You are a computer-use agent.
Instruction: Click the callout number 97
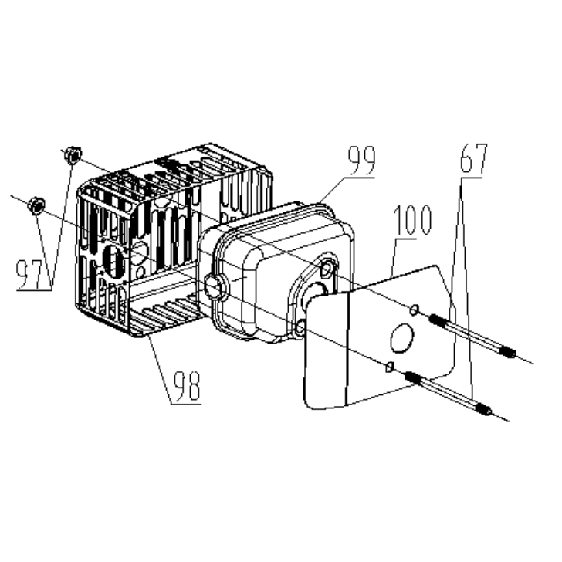(30, 274)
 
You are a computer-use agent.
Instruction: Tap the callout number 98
(186, 387)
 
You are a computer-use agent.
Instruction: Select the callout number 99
(361, 161)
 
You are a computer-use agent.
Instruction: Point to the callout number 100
(412, 220)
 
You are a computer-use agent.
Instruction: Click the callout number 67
(473, 158)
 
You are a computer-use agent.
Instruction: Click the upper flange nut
(73, 155)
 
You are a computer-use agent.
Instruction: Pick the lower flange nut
(36, 205)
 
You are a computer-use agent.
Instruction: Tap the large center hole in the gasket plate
(401, 338)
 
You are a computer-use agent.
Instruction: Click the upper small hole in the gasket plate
(414, 310)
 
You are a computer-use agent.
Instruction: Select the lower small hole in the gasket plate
(390, 366)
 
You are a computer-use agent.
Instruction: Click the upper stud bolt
(472, 336)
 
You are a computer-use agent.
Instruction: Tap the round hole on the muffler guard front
(114, 261)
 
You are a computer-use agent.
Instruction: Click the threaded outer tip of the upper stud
(509, 352)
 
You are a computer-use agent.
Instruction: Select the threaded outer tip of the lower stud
(485, 410)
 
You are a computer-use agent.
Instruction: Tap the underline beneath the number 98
(186, 405)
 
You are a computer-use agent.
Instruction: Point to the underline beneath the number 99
(359, 177)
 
